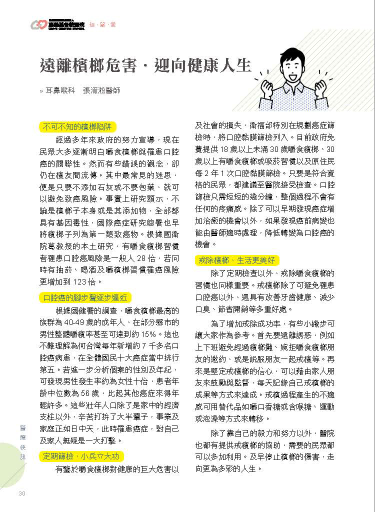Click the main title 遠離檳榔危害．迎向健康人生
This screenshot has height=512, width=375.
[x=145, y=66]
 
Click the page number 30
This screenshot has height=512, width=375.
[x=21, y=494]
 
